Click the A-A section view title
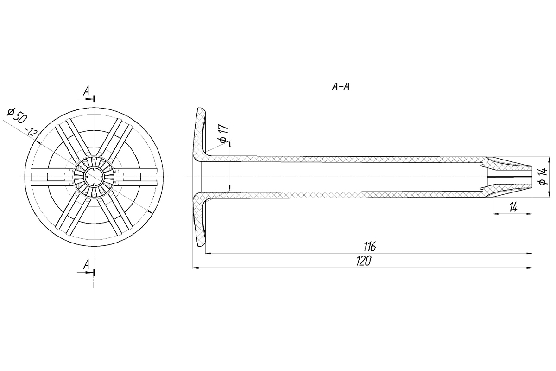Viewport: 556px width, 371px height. click(341, 87)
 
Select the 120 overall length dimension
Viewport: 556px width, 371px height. click(364, 261)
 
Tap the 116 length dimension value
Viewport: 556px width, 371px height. click(370, 247)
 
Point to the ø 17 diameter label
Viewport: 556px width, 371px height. click(224, 134)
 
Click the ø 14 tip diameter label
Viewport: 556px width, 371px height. click(543, 176)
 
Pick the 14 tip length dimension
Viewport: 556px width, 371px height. click(513, 207)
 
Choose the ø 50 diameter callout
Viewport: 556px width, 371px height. click(16, 115)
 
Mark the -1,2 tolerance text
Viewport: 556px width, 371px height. click(32, 132)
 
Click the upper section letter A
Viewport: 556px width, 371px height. click(86, 91)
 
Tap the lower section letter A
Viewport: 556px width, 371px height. click(86, 264)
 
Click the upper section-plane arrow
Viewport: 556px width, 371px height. click(86, 99)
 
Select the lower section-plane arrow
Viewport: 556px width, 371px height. click(86, 272)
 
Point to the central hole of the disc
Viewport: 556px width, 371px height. click(94, 177)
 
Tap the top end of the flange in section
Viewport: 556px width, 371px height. click(201, 109)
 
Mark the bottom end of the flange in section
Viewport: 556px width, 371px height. click(201, 245)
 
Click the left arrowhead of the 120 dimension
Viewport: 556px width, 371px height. click(196, 268)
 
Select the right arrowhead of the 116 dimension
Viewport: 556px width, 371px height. click(530, 253)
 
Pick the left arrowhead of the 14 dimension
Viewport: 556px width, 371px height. click(495, 213)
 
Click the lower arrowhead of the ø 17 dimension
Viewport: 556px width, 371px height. click(230, 188)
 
